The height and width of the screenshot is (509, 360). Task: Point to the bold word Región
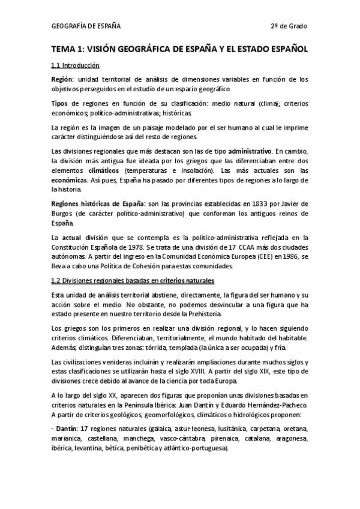[63, 79]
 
